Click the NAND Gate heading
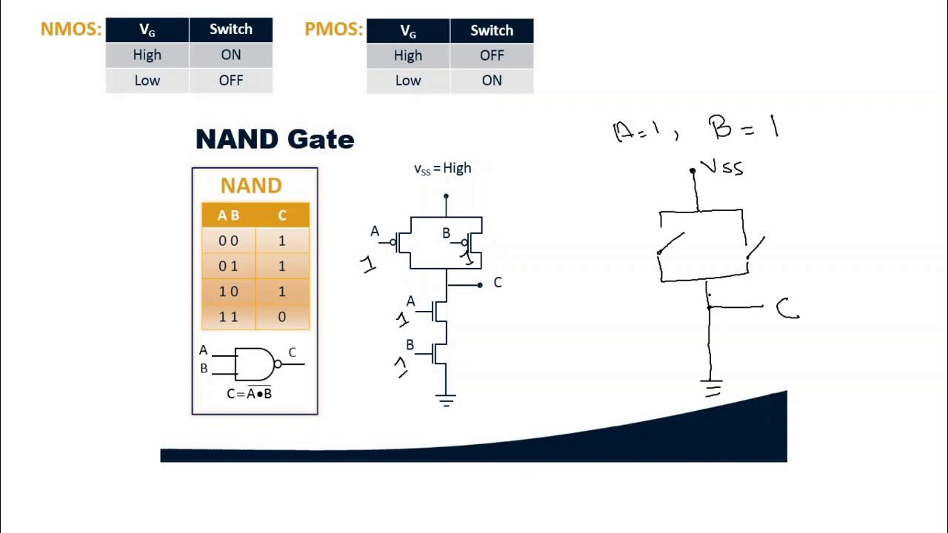(x=275, y=139)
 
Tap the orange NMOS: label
(x=70, y=30)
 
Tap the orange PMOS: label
(x=333, y=30)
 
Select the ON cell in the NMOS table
(x=230, y=55)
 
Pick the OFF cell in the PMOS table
(x=491, y=56)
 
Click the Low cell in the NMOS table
(x=147, y=81)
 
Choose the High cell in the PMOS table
(x=407, y=56)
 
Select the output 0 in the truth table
(x=281, y=317)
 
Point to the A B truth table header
(x=228, y=215)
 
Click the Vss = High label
(x=442, y=169)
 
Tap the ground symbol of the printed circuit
(x=445, y=401)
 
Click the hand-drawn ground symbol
(x=712, y=388)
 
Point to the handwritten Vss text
(x=721, y=168)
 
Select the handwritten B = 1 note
(x=744, y=129)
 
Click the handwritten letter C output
(x=787, y=309)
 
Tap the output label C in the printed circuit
(x=497, y=283)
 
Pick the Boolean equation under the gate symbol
(x=249, y=394)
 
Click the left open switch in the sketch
(x=671, y=244)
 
